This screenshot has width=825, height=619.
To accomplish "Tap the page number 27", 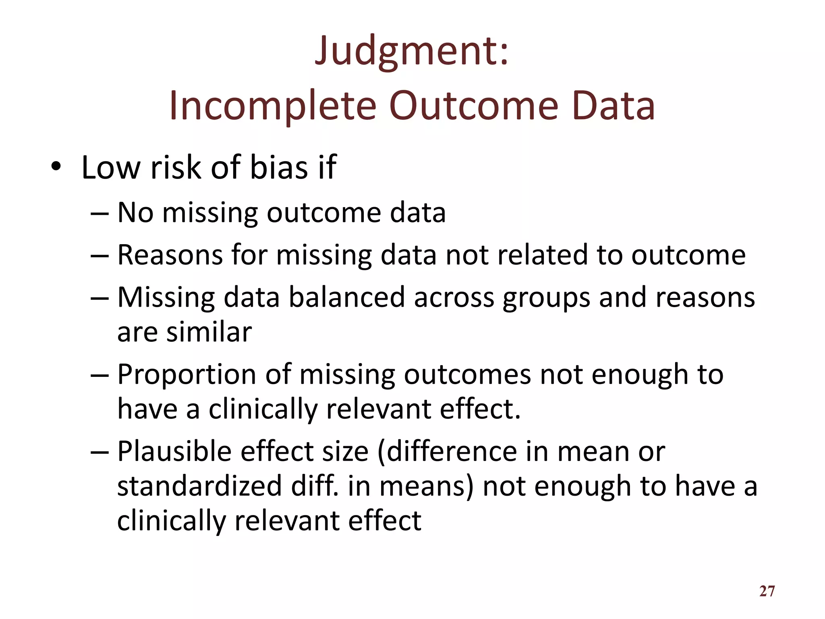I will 767,591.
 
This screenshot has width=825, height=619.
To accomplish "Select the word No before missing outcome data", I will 135,212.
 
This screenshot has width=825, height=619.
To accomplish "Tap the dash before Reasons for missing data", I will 99,255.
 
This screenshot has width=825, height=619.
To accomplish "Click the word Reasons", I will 170,255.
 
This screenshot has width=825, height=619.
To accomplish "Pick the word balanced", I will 347,297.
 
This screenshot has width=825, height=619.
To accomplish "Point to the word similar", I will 209,332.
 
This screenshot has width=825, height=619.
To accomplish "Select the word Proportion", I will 187,375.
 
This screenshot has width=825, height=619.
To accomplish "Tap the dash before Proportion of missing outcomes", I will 99,375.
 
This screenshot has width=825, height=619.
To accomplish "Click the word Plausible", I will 174,451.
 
